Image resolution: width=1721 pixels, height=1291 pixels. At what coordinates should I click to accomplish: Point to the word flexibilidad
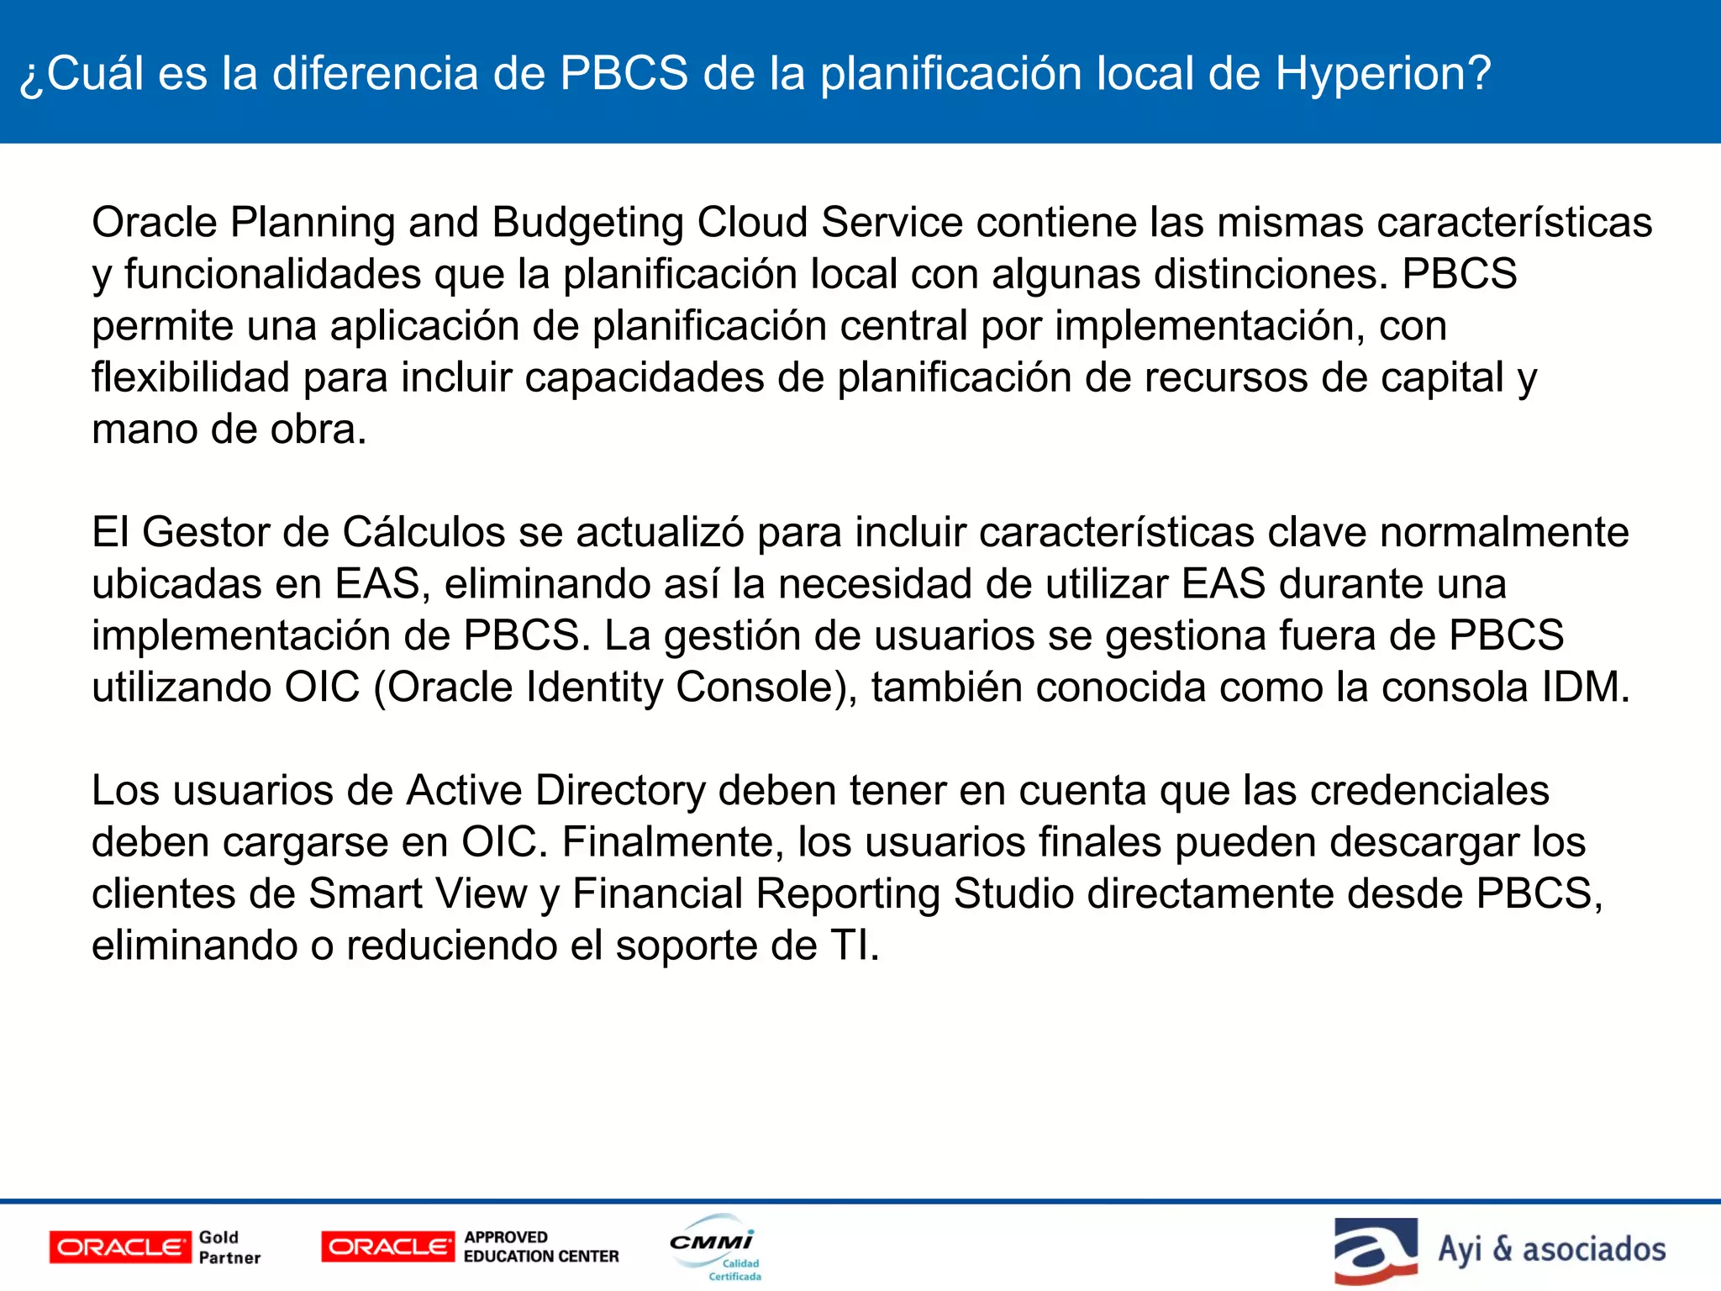click(x=191, y=377)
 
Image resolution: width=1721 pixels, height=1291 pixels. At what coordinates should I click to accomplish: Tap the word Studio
click(x=1013, y=894)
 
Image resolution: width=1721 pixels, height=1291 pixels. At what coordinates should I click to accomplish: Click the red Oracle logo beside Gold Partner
click(x=120, y=1247)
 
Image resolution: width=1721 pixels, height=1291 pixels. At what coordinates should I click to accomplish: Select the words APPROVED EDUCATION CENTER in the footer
click(x=541, y=1247)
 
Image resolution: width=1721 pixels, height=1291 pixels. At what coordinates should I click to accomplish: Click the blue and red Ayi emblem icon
click(x=1376, y=1250)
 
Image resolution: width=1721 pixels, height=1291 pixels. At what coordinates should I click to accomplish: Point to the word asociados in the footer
click(x=1593, y=1250)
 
